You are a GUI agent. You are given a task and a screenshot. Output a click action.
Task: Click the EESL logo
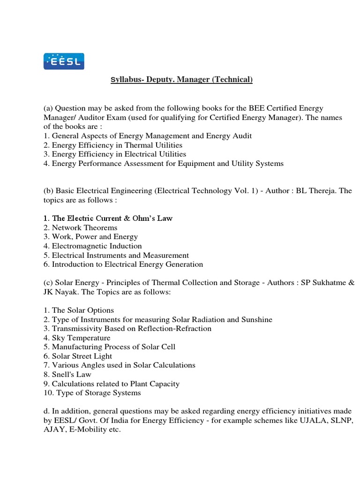[x=64, y=61]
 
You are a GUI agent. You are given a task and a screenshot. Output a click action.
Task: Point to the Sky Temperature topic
[x=81, y=338]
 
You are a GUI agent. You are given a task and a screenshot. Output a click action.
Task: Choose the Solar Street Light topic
[x=82, y=356]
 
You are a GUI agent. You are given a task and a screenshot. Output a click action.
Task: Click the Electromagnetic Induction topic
[x=97, y=246]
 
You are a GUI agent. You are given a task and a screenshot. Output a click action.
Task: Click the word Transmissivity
[x=76, y=329]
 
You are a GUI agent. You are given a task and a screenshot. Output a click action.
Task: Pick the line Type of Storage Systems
[x=96, y=393]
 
